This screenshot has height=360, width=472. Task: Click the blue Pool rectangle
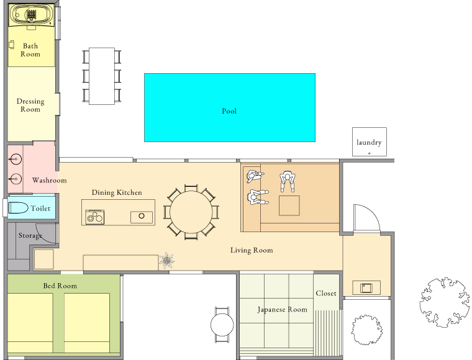point(230,107)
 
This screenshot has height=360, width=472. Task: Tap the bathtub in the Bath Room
point(31,15)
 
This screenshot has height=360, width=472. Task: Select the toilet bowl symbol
point(19,208)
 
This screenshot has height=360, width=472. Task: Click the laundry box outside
point(370,142)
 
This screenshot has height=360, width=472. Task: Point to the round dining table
point(191,212)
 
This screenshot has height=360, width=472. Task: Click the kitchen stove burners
point(95,217)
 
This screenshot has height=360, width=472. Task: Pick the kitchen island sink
point(142,217)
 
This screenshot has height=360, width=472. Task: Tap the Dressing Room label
point(30,106)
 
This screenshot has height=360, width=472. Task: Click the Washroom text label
point(49,180)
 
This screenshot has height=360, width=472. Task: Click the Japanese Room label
point(283,310)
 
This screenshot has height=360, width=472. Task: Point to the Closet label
point(326,293)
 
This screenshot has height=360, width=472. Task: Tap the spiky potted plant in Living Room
point(166,260)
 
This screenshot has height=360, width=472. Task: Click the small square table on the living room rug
point(289,205)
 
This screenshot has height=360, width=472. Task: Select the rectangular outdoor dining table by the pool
point(102,76)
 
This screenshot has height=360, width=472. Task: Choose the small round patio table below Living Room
point(222,325)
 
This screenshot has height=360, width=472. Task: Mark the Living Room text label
point(252,250)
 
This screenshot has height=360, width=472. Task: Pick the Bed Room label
point(60,286)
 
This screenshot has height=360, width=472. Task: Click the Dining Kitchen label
point(117,193)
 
